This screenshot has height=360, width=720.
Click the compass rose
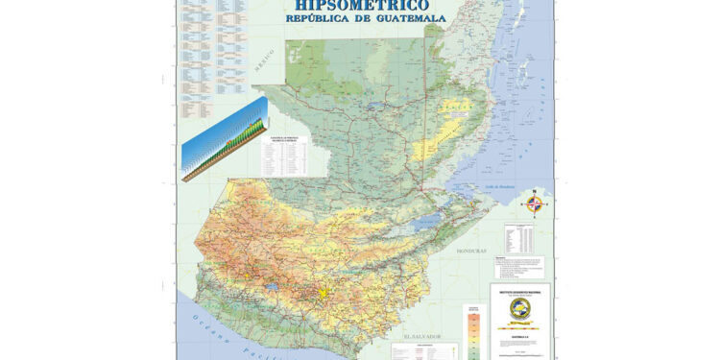click(536, 204)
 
